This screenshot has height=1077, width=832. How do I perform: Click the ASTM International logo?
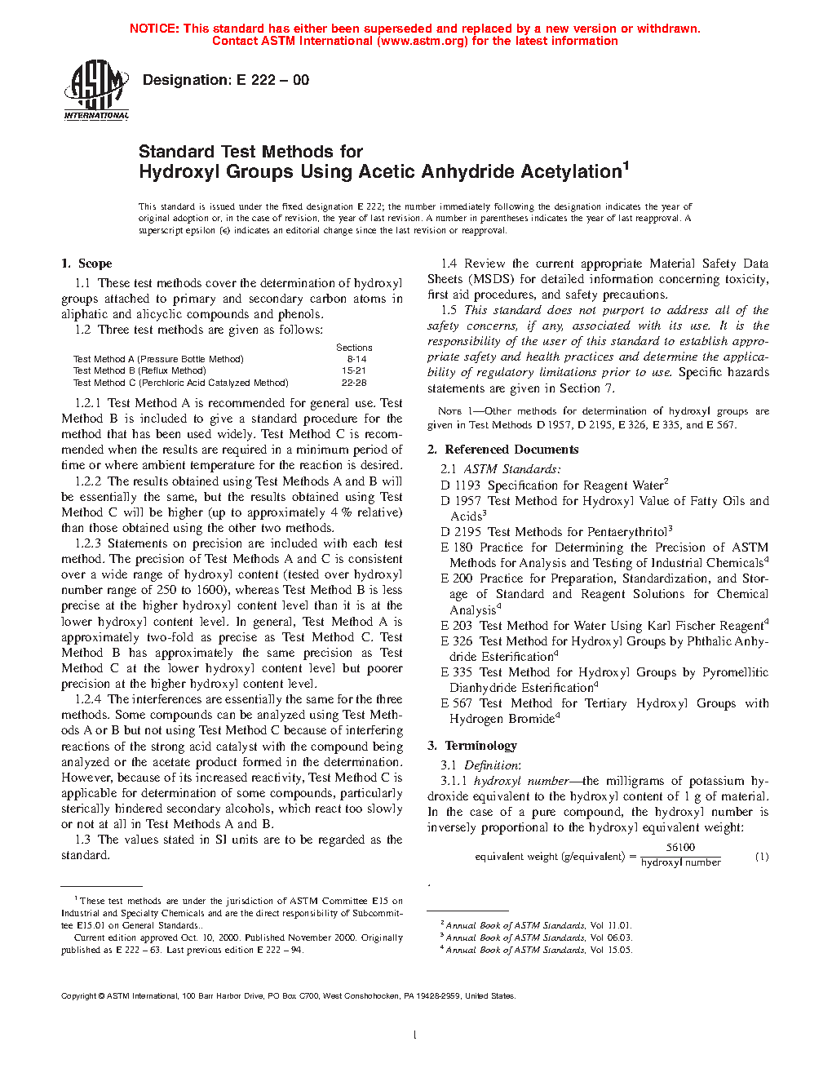(96, 91)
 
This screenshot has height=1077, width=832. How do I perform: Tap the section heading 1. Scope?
(86, 264)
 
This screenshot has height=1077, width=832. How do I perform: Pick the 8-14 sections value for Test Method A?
(356, 359)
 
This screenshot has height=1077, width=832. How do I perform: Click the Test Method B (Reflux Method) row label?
(139, 370)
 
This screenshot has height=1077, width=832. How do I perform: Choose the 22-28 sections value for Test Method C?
(354, 383)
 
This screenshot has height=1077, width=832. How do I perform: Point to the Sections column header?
(354, 348)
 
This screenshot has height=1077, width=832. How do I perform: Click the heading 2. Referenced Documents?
(503, 450)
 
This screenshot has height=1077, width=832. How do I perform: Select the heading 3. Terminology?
(472, 746)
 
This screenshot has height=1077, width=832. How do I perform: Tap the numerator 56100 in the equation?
(680, 848)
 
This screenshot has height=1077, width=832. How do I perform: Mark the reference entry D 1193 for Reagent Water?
(555, 485)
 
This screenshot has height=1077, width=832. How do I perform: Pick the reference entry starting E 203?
(604, 626)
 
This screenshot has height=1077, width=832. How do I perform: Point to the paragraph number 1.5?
(449, 310)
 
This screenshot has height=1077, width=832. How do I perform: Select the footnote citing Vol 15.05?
(538, 950)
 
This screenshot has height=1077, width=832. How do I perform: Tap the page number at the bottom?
(415, 1035)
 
